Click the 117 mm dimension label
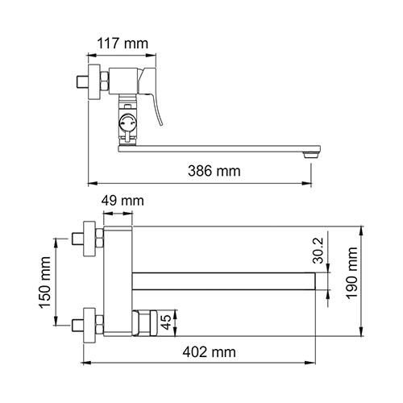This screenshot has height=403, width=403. (123, 44)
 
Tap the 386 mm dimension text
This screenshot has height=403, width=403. (214, 171)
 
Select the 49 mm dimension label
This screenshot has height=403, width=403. (123, 201)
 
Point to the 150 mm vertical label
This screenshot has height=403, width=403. (44, 282)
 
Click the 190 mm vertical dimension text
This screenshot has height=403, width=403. (352, 273)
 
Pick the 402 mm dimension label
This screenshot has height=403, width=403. (210, 352)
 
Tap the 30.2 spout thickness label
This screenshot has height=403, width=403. (319, 251)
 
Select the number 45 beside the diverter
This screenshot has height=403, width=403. (167, 322)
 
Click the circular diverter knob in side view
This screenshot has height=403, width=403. (127, 123)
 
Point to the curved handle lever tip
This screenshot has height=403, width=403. (161, 124)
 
